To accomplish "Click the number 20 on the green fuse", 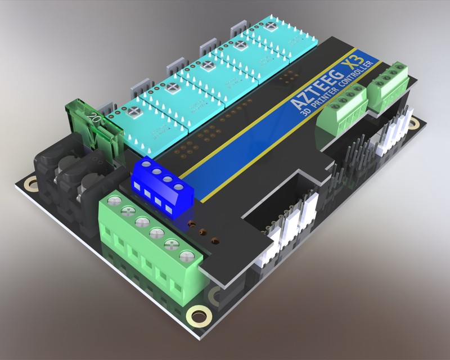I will (96, 119).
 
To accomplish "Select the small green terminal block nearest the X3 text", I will (388, 82).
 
